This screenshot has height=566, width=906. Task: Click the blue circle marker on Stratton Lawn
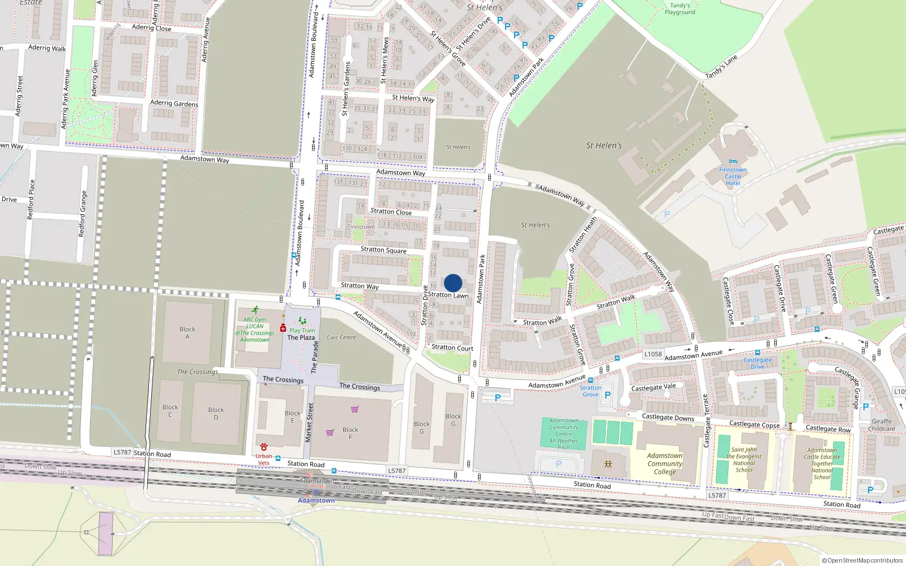[453, 283]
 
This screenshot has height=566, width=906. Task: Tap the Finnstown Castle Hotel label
[733, 176]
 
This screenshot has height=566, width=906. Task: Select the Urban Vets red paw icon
[264, 447]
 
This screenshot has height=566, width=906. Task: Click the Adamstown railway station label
[316, 500]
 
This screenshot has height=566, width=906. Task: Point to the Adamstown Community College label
[665, 464]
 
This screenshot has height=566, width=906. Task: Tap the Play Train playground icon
[302, 321]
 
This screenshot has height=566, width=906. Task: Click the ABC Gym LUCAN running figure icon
[255, 310]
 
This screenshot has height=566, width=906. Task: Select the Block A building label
[187, 333]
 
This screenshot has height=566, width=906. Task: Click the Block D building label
[216, 413]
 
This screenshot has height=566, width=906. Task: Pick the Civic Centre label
[341, 337]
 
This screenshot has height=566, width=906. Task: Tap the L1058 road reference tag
[653, 354]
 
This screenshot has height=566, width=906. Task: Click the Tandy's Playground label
[679, 8]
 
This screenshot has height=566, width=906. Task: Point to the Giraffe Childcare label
[882, 425]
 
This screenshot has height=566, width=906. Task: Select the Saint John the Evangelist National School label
[743, 460]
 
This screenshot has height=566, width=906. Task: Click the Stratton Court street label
[452, 348]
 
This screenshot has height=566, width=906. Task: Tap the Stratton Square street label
[383, 250]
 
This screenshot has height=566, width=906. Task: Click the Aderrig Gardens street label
[174, 103]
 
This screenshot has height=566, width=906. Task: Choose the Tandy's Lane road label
[721, 67]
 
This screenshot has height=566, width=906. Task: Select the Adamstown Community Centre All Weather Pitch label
[563, 434]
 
